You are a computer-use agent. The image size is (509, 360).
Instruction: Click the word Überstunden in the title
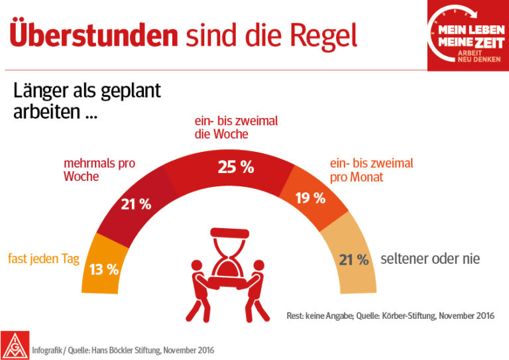93,34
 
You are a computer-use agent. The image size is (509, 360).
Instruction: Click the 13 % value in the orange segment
104,269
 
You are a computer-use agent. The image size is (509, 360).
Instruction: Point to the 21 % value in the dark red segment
136,204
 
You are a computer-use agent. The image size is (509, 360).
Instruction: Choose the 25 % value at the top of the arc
235,167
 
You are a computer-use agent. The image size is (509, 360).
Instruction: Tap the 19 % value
310,198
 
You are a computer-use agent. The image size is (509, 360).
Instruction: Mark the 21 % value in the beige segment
353,260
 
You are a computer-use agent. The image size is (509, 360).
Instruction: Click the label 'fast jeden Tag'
43,259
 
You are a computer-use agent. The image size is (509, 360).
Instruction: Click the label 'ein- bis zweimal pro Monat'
371,170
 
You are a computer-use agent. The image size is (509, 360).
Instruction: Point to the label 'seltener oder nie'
429,259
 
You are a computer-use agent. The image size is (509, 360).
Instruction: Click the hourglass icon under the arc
228,255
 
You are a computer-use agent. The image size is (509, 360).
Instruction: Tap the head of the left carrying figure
196,267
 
